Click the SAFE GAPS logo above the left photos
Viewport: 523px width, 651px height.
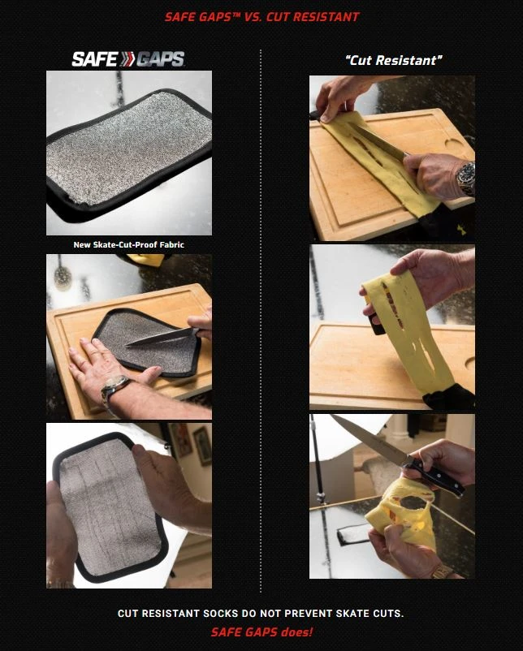point(128,59)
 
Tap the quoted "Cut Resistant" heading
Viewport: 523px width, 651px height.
point(393,61)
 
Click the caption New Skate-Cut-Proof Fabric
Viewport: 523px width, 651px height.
point(129,245)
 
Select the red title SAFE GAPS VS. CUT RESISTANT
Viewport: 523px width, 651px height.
point(261,17)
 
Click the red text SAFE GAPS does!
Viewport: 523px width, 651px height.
point(261,632)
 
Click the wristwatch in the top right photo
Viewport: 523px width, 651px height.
point(466,179)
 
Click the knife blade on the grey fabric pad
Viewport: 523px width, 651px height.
point(161,337)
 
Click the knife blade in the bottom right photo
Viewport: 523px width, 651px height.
point(369,439)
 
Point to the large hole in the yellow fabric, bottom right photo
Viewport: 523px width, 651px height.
point(414,502)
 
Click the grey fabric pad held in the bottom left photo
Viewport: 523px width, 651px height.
point(109,506)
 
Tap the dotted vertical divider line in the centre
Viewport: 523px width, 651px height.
point(261,321)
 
